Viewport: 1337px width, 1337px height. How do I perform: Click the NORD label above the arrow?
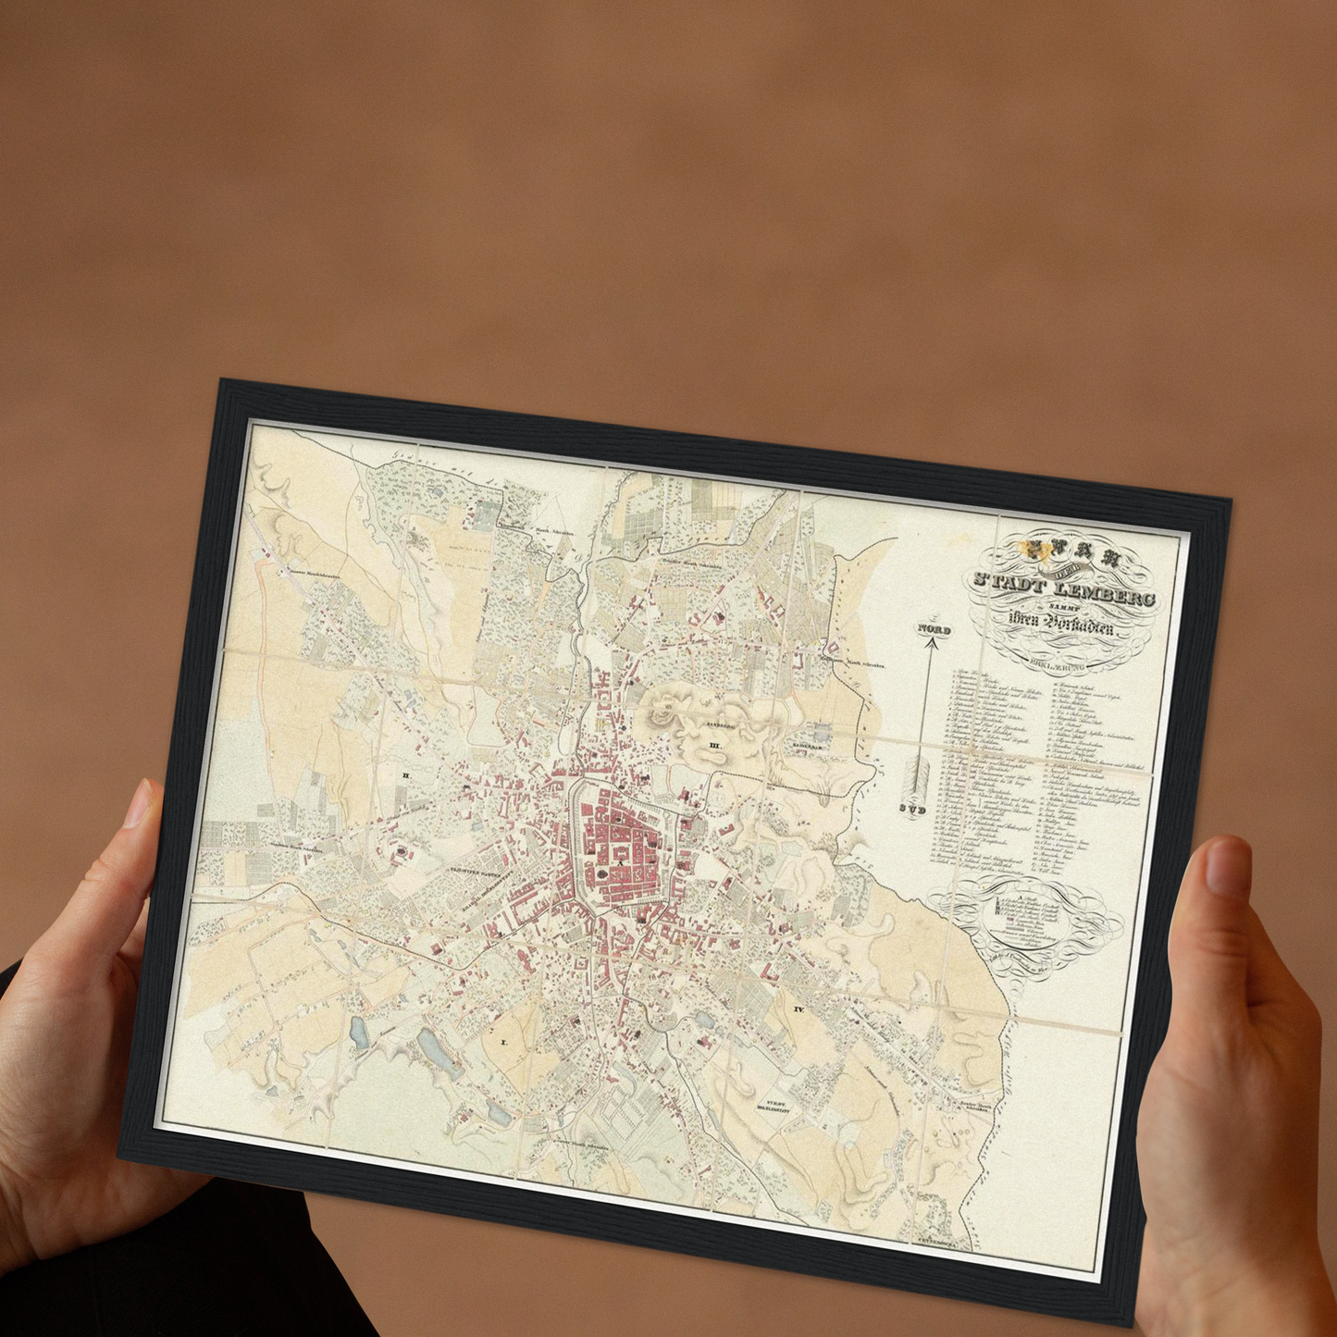coord(934,629)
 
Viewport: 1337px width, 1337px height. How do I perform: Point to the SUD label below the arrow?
coord(912,808)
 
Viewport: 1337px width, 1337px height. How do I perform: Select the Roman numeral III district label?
coord(714,744)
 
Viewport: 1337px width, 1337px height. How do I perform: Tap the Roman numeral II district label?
coord(404,774)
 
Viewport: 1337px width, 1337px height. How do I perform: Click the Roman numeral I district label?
coord(504,1041)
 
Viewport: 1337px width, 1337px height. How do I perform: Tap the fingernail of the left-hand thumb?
coord(138,804)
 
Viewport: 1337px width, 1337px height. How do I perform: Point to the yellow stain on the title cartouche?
coord(1027,551)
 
